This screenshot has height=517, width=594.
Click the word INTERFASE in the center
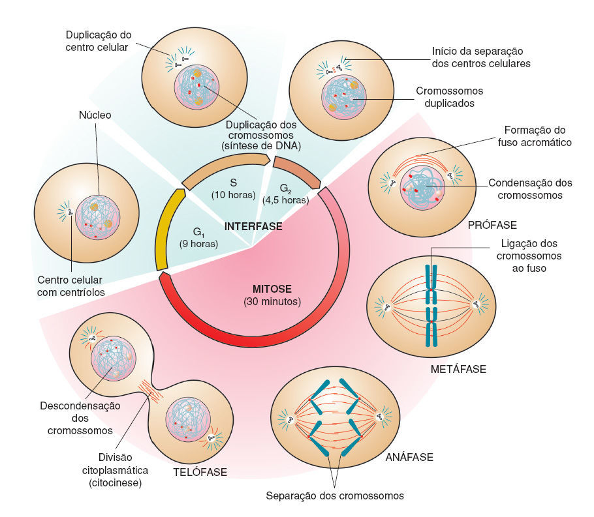point(253,227)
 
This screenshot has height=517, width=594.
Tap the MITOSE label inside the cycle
point(272,288)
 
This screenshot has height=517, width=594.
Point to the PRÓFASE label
point(492,225)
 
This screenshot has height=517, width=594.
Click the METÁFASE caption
point(458,370)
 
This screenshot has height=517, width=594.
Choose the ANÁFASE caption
point(409,457)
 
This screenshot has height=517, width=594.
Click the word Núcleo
point(95,115)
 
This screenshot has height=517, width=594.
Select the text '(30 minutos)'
point(272,302)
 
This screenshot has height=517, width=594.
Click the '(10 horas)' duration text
point(233,194)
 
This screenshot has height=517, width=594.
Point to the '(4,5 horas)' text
point(285,200)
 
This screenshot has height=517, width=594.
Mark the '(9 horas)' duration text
point(199,244)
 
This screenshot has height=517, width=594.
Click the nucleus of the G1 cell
point(97,218)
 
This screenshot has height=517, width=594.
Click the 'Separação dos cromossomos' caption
point(335,495)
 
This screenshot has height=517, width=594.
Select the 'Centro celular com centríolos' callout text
point(71,286)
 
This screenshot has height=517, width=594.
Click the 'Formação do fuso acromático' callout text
point(539,136)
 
